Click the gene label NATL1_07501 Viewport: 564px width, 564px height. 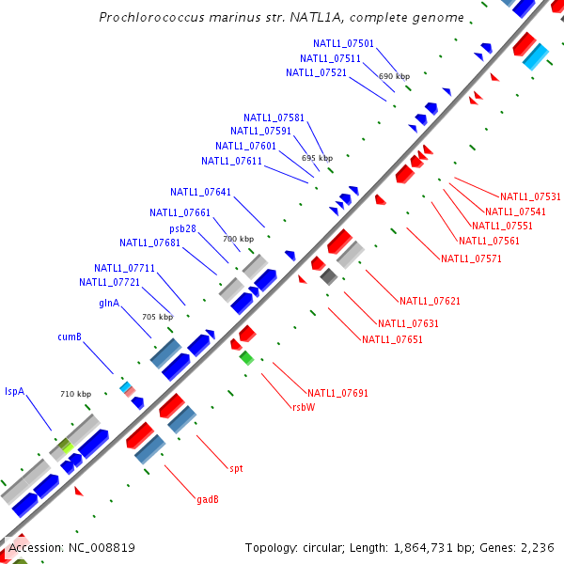(x=343, y=44)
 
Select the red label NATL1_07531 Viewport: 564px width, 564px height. (x=530, y=196)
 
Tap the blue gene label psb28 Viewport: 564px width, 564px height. (x=182, y=228)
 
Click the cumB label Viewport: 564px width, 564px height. (x=70, y=337)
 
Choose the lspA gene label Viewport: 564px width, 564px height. (x=14, y=390)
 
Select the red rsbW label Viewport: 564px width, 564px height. (x=303, y=407)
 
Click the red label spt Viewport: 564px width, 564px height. (x=236, y=467)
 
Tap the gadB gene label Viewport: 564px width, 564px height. (x=208, y=499)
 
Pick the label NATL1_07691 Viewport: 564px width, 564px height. (x=337, y=392)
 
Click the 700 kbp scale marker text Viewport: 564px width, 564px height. (x=238, y=240)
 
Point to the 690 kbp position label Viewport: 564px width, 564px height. (x=394, y=76)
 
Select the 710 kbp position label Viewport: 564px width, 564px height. (x=75, y=394)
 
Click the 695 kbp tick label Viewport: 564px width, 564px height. (x=317, y=159)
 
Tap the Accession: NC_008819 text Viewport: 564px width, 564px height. (x=71, y=547)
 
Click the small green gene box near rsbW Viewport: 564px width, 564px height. (x=246, y=357)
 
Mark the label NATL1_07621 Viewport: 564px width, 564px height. (x=430, y=302)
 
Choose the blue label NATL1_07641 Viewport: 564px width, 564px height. (x=200, y=192)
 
